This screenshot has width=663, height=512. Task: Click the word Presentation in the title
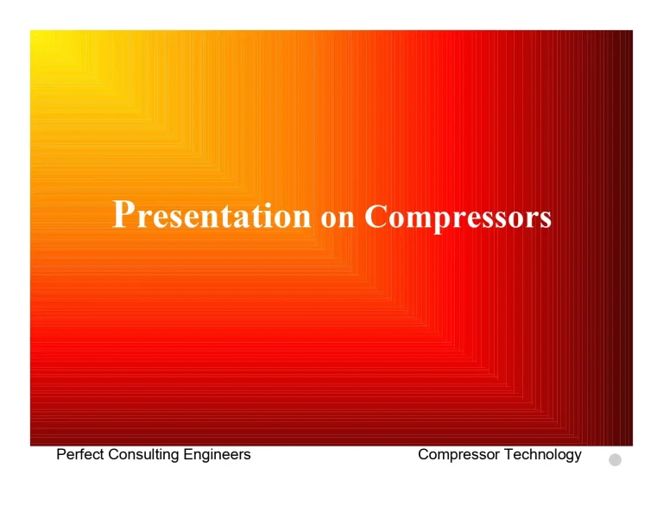[212, 215]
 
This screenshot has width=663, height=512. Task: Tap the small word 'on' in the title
[338, 218]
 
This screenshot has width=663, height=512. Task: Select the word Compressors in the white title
[458, 217]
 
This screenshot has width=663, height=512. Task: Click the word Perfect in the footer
[80, 454]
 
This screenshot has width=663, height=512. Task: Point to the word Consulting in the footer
[141, 455]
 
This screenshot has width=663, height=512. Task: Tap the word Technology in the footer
[543, 455]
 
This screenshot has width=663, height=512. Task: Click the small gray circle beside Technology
[615, 459]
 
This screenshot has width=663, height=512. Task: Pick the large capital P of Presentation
[123, 213]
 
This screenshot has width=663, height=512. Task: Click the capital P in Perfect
[61, 454]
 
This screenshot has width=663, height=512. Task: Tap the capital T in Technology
[508, 454]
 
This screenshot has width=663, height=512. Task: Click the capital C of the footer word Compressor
[424, 454]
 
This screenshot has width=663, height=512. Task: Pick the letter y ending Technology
[578, 457]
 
